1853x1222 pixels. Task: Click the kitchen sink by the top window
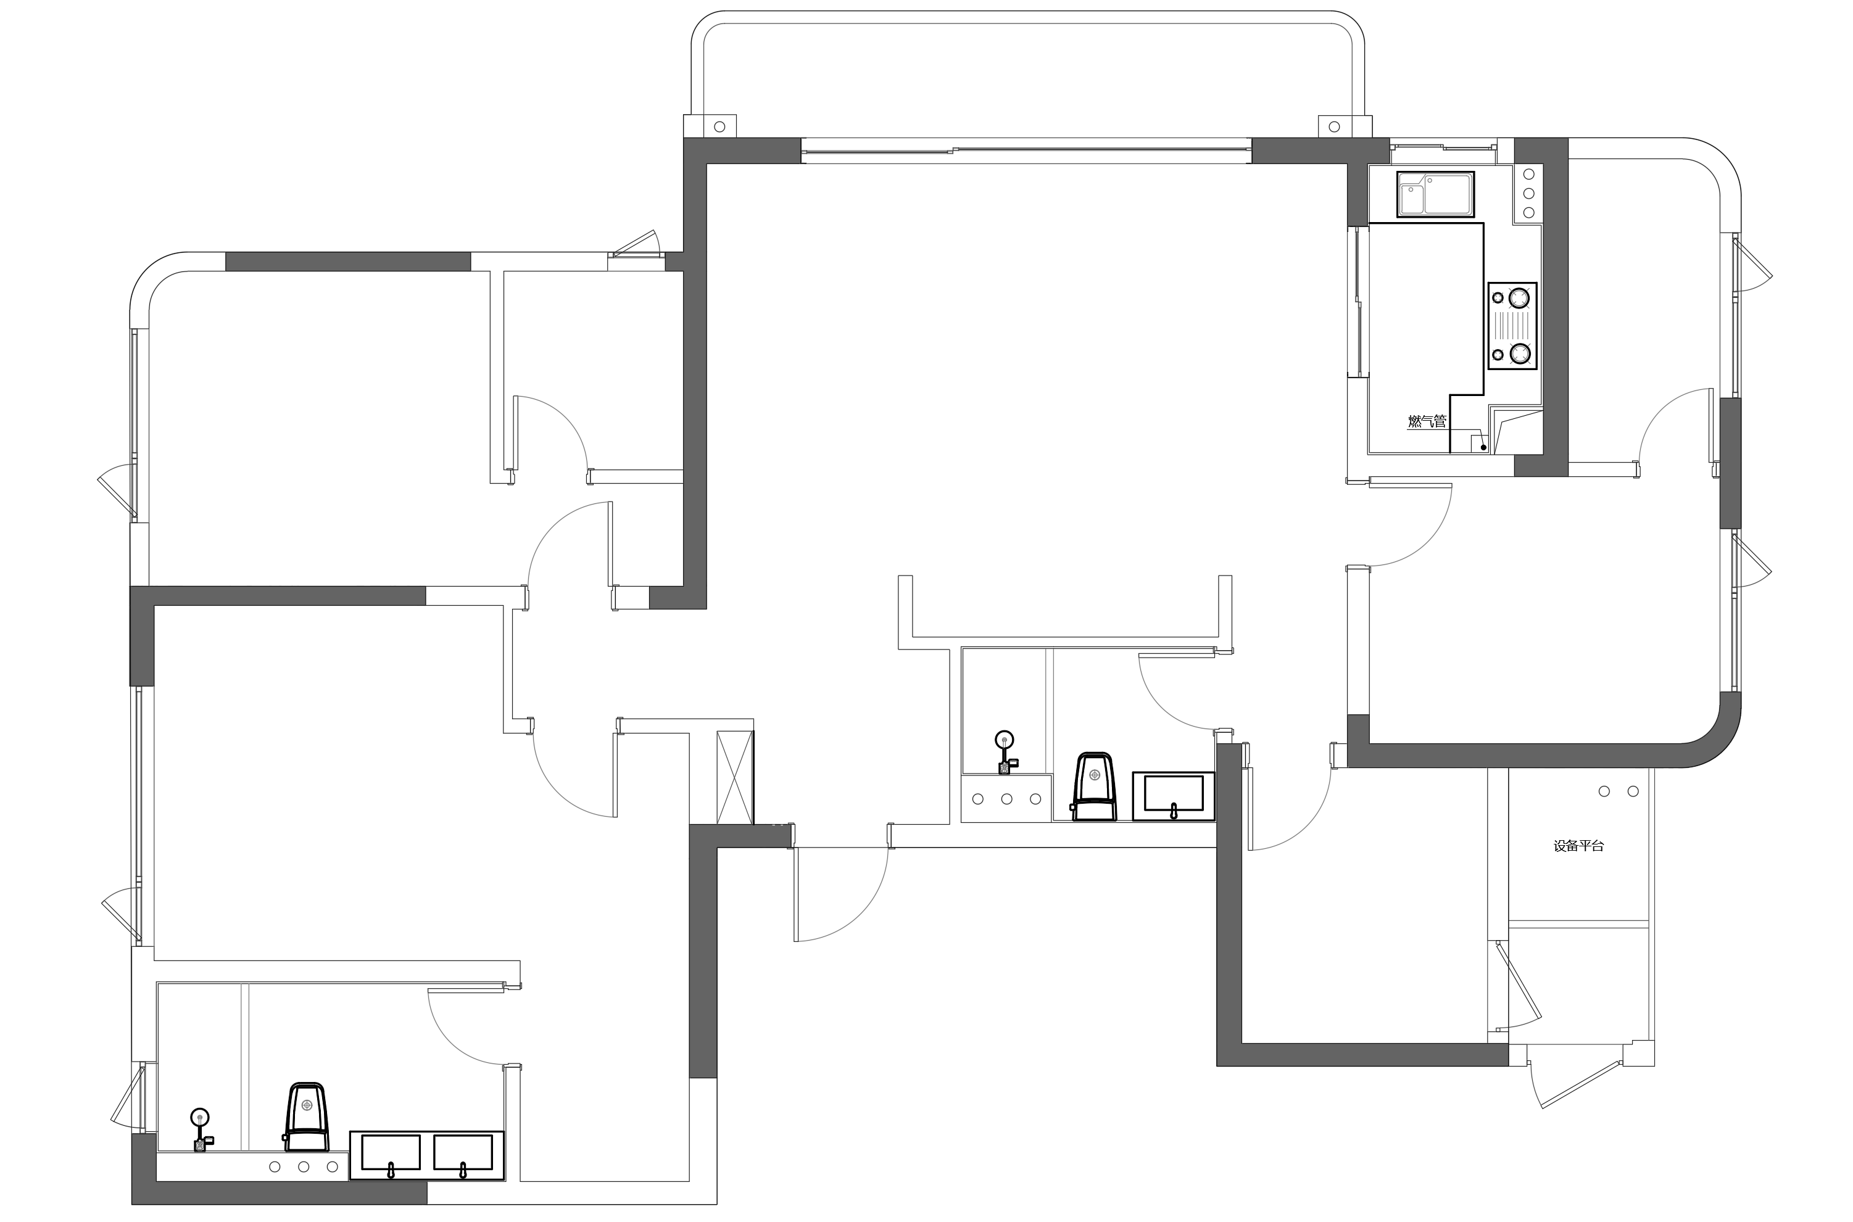1435,195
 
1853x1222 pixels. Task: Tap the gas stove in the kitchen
1512,326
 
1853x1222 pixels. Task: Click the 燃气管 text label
1427,421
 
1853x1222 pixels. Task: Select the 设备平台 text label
1578,846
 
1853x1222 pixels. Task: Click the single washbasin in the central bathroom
1172,796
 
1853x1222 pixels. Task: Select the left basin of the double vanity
391,1154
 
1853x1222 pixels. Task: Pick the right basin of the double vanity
463,1154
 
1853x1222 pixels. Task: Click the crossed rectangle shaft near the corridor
734,776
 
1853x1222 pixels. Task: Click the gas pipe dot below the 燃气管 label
1483,447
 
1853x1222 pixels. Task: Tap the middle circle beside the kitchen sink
1528,193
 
